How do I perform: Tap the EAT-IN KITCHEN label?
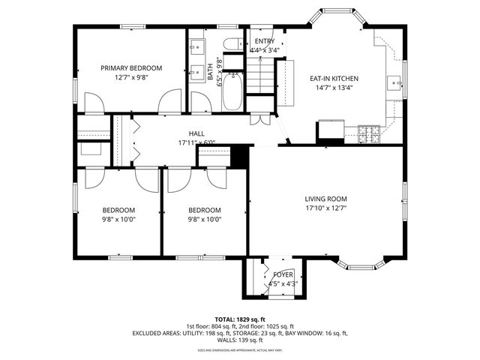334,78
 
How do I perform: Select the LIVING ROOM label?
325,199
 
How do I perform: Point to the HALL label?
196,133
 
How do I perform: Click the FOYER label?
283,275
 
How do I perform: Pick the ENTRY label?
264,41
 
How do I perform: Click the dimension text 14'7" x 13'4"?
334,88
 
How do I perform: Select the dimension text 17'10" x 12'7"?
325,208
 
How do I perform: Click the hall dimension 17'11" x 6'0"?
196,142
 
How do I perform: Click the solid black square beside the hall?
240,156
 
